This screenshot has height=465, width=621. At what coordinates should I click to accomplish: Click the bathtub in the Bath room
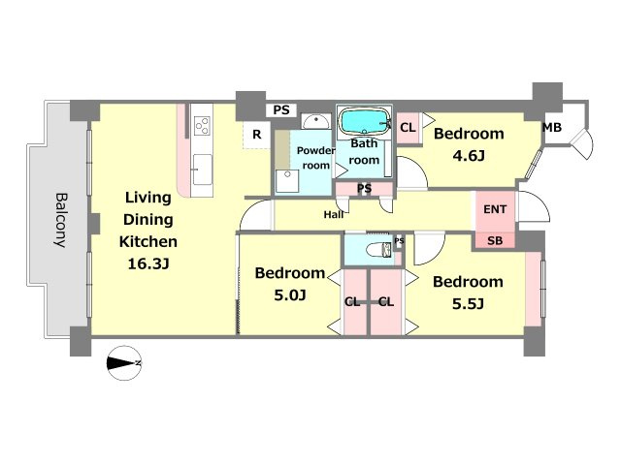pos(364,122)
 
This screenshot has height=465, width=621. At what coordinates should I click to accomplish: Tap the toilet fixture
pos(378,250)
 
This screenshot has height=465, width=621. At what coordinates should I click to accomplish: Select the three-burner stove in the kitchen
pos(202,126)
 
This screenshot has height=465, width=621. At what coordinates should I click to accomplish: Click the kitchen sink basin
pos(202,170)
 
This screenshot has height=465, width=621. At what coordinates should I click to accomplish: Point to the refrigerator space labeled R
pos(256,135)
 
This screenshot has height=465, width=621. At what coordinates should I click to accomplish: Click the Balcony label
pos(61,220)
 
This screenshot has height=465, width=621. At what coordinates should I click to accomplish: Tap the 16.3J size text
pos(148,263)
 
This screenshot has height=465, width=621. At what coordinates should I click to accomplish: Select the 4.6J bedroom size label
pos(469,156)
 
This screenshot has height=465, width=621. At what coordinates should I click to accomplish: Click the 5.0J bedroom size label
pos(290,294)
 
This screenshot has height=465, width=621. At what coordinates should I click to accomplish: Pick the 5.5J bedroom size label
pos(468,303)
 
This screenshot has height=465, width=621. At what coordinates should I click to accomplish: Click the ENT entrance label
pos(495,209)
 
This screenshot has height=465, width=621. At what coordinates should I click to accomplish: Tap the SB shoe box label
pos(495,240)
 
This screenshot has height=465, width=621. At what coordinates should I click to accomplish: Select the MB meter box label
pos(552,128)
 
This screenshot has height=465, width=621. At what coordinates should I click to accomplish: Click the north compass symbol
pos(124,363)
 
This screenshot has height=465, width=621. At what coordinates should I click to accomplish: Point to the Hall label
pos(334,215)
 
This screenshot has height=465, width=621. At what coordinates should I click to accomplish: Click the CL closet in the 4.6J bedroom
pos(408,128)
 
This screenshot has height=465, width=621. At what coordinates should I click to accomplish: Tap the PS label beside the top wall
pos(281,109)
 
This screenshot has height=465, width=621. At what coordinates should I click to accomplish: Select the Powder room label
pos(315,158)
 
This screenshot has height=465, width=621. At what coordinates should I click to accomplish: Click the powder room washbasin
pos(315,121)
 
